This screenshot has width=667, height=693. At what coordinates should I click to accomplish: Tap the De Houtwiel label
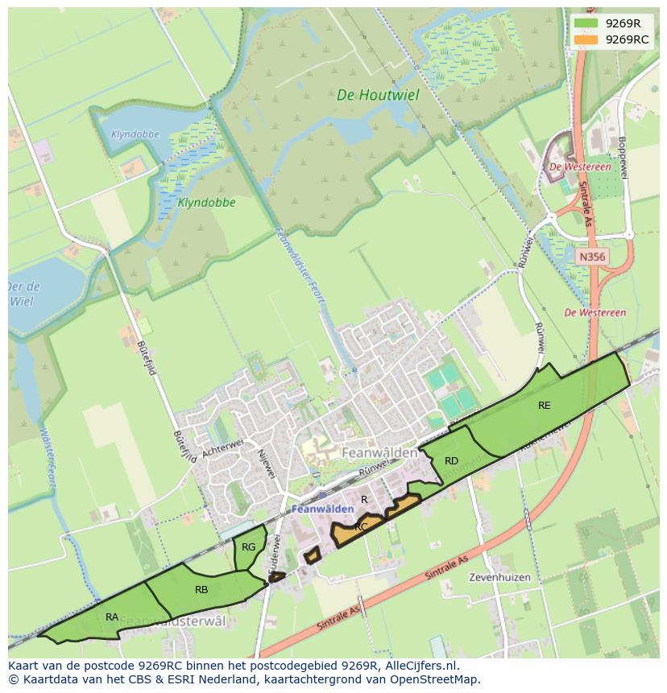[378, 95]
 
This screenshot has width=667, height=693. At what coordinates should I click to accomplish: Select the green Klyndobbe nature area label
[206, 203]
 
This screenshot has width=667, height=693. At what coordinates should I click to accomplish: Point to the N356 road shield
[592, 257]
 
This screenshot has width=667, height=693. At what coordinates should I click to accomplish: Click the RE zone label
[545, 406]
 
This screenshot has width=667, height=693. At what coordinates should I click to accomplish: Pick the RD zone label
[451, 461]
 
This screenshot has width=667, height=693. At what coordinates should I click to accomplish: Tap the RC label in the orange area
[361, 527]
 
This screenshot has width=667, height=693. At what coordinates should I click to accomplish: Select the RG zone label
[248, 547]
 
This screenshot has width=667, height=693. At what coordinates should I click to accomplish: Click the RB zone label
[201, 590]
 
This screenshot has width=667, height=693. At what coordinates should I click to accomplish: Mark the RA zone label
[112, 617]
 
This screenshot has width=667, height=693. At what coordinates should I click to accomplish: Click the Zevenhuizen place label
[499, 577]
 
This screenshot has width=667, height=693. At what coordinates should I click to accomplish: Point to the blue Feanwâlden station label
[322, 509]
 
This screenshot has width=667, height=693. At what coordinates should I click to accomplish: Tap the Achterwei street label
[222, 449]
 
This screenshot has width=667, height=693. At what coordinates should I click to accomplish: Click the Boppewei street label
[622, 158]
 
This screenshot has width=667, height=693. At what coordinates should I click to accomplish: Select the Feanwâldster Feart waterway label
[300, 266]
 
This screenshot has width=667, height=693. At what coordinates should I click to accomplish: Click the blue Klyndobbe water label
[135, 134]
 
